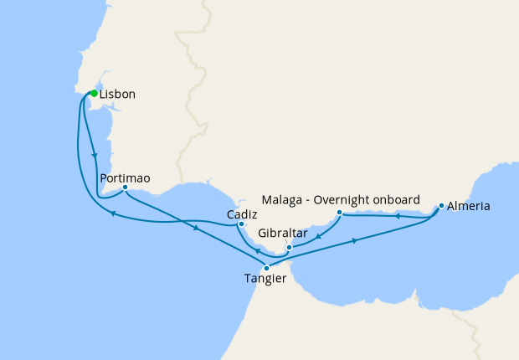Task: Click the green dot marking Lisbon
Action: click(x=94, y=94)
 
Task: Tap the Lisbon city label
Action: click(x=117, y=95)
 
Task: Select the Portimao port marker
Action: click(x=125, y=188)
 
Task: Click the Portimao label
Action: click(x=125, y=177)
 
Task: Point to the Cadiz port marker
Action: click(x=241, y=224)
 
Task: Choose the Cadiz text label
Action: click(x=242, y=214)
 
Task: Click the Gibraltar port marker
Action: click(x=288, y=248)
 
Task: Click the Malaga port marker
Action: click(x=339, y=213)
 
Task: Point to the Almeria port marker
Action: click(x=441, y=205)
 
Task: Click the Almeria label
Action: click(x=469, y=206)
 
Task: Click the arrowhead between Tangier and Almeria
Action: click(x=356, y=241)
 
